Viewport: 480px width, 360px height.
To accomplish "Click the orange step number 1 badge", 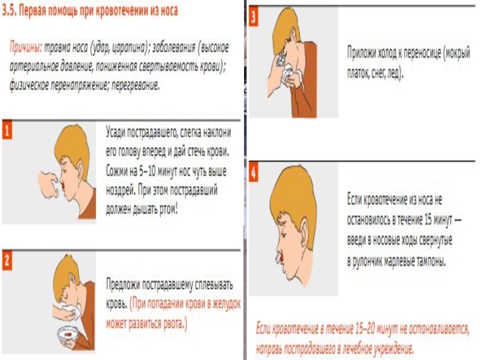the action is (x=7, y=130).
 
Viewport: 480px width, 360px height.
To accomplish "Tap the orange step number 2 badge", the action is (x=7, y=261).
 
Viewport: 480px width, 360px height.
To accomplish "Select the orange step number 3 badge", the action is (x=253, y=17).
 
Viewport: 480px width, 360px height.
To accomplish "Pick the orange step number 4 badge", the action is (x=253, y=173).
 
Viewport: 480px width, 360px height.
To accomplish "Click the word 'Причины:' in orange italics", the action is (x=26, y=48).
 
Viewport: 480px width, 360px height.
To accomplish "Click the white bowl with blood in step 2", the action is (x=68, y=334).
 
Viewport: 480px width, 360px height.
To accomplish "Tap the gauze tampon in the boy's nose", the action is (x=278, y=258).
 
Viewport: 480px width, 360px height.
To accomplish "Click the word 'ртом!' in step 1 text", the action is (x=169, y=209).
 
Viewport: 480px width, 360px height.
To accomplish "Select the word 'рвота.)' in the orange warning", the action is (x=175, y=323).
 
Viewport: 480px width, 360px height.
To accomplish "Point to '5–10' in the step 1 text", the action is (x=147, y=171).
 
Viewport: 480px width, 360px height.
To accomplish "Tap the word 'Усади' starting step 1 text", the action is (x=115, y=133).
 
